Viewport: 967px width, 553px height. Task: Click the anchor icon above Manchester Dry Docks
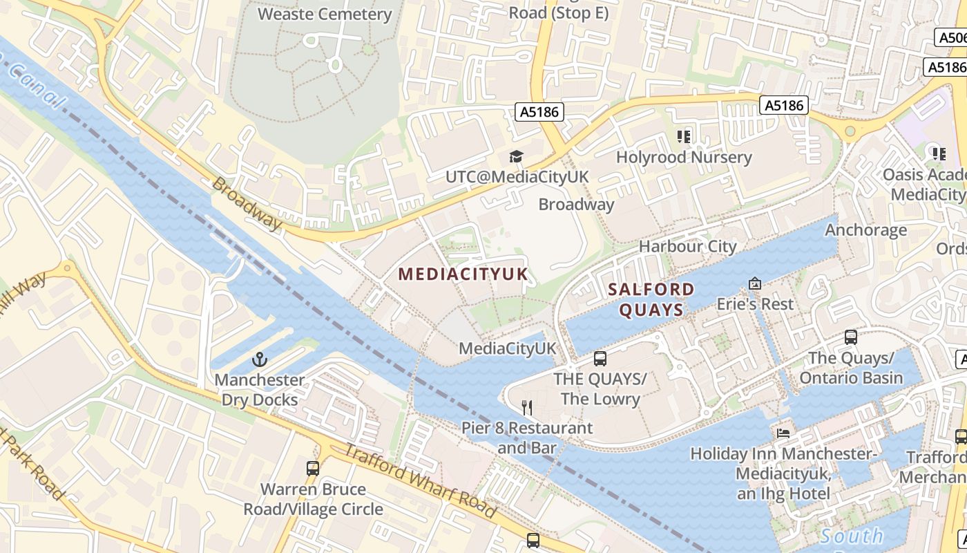pyautogui.click(x=259, y=359)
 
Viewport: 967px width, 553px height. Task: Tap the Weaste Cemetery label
pyautogui.click(x=325, y=14)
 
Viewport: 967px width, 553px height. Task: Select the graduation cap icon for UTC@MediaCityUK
pyautogui.click(x=516, y=157)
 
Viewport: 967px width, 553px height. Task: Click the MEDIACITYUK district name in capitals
pyautogui.click(x=463, y=274)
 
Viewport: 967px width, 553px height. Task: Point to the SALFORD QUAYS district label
pyautogui.click(x=651, y=299)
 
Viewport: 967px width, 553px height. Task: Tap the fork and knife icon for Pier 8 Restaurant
pyautogui.click(x=527, y=408)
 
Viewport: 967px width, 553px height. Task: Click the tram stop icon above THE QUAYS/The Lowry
pyautogui.click(x=600, y=359)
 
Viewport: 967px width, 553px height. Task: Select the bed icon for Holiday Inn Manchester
pyautogui.click(x=783, y=433)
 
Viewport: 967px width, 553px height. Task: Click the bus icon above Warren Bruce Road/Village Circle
pyautogui.click(x=313, y=469)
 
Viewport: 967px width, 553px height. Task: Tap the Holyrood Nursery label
pyautogui.click(x=684, y=157)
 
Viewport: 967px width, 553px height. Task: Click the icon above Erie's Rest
pyautogui.click(x=755, y=283)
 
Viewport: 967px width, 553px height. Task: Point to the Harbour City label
pyautogui.click(x=687, y=246)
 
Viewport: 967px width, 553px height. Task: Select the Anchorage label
pyautogui.click(x=866, y=229)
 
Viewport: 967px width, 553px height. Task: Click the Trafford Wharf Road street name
pyautogui.click(x=420, y=482)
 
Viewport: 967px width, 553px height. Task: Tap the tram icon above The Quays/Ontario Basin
pyautogui.click(x=851, y=337)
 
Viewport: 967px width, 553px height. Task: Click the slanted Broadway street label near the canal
pyautogui.click(x=247, y=203)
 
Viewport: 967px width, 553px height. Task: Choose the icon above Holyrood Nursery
pyautogui.click(x=684, y=136)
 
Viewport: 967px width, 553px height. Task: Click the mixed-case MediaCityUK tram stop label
pyautogui.click(x=508, y=348)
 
